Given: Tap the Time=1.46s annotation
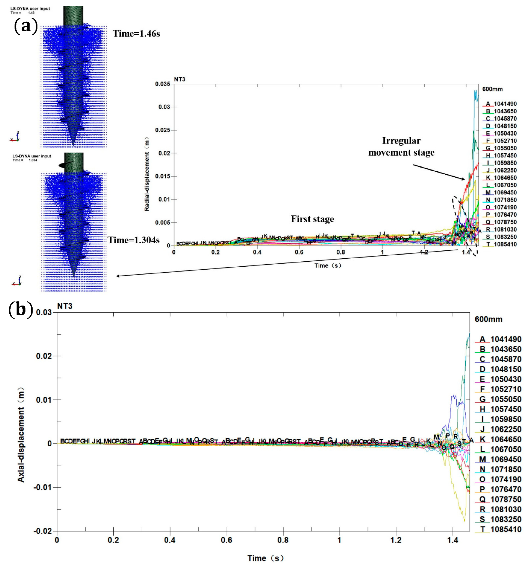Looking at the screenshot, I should point(136,34).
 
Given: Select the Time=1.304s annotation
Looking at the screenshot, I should point(133,240).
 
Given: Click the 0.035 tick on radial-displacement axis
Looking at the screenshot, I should point(163,84).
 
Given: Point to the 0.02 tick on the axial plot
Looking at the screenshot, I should point(44,356).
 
